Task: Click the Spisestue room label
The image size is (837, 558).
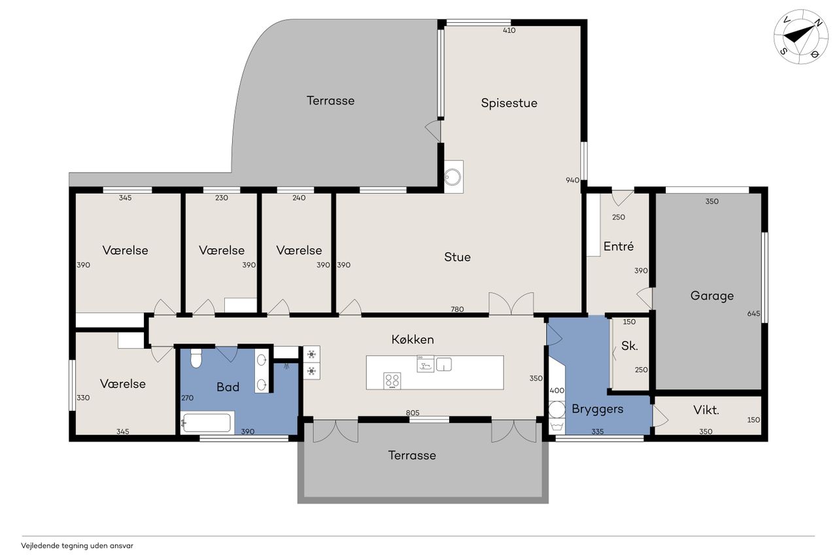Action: coord(509,103)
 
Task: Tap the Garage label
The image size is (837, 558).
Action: coord(712,296)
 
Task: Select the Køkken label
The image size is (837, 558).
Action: coord(413,340)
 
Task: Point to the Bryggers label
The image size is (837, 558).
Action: coord(598,409)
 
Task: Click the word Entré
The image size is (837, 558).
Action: coord(619,246)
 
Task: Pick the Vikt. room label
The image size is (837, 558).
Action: coord(706,410)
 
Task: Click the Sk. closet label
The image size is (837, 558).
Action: coord(629,345)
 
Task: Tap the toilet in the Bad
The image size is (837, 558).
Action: coord(196,358)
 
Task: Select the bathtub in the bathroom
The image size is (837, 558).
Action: coord(207,423)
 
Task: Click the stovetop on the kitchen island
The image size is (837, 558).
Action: coord(392,381)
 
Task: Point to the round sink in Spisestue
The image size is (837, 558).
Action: coord(453,177)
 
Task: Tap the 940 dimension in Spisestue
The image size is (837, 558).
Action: coord(572,180)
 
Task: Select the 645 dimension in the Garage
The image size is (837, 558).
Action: coord(753,313)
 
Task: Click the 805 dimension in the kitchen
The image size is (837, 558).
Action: coord(413,413)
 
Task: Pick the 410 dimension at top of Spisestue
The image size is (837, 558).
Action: coord(509,30)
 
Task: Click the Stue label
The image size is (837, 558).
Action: coord(457,257)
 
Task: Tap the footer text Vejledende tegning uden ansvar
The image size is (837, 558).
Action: coord(77,546)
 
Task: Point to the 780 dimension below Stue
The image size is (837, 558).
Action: coord(457,309)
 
